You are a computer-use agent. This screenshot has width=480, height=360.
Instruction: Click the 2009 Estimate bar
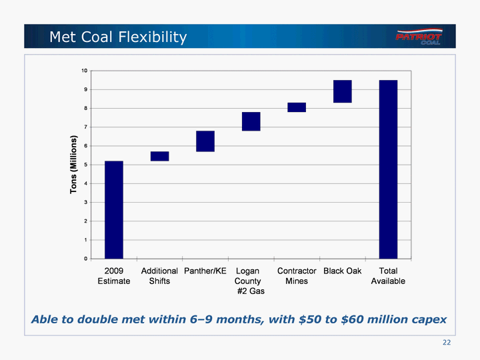pyautogui.click(x=113, y=209)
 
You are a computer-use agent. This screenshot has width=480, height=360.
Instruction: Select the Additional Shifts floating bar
pyautogui.click(x=159, y=156)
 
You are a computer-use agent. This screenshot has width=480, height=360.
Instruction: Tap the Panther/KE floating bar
pyautogui.click(x=205, y=141)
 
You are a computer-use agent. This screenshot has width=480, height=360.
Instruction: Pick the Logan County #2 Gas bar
pyautogui.click(x=251, y=121)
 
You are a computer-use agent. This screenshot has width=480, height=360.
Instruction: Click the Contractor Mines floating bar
pyautogui.click(x=297, y=107)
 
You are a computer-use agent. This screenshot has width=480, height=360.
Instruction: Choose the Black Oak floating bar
pyautogui.click(x=343, y=91)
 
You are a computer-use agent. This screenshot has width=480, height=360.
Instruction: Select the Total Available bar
pyautogui.click(x=388, y=169)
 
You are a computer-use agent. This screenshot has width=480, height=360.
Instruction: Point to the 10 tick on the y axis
pyautogui.click(x=84, y=71)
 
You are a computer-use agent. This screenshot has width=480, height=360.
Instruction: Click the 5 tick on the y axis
pyautogui.click(x=84, y=165)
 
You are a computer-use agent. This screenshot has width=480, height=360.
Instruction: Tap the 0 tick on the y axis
pyautogui.click(x=84, y=259)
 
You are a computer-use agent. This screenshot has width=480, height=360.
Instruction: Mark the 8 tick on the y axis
pyautogui.click(x=84, y=108)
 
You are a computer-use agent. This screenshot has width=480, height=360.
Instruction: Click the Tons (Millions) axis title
pyautogui.click(x=74, y=165)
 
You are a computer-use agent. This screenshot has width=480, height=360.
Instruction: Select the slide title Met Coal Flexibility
pyautogui.click(x=118, y=37)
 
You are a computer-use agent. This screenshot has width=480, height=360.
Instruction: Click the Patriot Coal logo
pyautogui.click(x=418, y=37)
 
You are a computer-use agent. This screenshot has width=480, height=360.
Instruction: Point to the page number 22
pyautogui.click(x=447, y=342)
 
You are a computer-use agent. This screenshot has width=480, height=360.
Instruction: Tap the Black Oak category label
pyautogui.click(x=342, y=271)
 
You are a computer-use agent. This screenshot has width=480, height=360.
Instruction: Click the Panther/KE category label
pyautogui.click(x=205, y=271)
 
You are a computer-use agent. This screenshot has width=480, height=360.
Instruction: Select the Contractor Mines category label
pyautogui.click(x=297, y=276)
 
